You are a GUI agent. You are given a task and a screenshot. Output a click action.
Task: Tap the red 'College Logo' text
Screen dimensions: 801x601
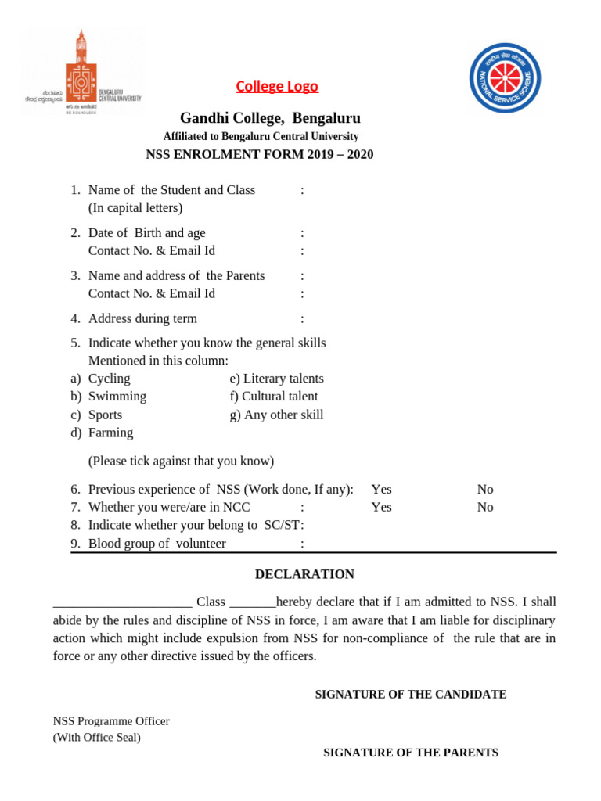[x=277, y=86]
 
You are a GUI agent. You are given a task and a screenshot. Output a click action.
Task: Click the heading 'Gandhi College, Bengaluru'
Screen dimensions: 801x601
[x=270, y=118]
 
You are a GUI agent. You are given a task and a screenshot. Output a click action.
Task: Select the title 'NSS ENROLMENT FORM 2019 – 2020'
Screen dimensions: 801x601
[x=260, y=154]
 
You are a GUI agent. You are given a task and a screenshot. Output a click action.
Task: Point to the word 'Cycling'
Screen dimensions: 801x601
[x=109, y=379]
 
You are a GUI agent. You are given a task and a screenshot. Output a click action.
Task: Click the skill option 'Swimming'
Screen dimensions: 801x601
[x=117, y=397]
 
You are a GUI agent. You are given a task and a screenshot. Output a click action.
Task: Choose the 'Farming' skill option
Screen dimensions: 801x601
[x=110, y=433]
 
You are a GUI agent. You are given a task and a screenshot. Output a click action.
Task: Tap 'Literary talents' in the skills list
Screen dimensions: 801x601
[x=276, y=379]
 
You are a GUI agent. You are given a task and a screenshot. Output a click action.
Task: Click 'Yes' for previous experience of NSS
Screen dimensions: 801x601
[x=381, y=489]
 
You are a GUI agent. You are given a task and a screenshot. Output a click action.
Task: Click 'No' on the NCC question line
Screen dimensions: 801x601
[x=485, y=507]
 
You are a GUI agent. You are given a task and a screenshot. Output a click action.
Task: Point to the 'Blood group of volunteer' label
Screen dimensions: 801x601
[x=157, y=544]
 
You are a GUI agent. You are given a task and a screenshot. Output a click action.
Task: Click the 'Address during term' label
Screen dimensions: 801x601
[x=142, y=318]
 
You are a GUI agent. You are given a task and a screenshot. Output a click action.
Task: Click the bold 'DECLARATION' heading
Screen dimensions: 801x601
[x=304, y=574]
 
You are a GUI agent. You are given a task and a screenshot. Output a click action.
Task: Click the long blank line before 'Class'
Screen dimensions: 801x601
[x=122, y=604]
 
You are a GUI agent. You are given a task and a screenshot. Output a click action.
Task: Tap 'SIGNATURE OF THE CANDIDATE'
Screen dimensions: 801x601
[x=410, y=695]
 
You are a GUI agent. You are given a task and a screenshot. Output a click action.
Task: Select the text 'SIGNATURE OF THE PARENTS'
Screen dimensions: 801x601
[x=411, y=753]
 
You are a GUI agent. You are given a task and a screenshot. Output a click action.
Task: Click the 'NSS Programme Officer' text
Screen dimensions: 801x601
[x=111, y=721]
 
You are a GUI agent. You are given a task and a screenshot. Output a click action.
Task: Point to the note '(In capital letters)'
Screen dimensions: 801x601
[x=135, y=208]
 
